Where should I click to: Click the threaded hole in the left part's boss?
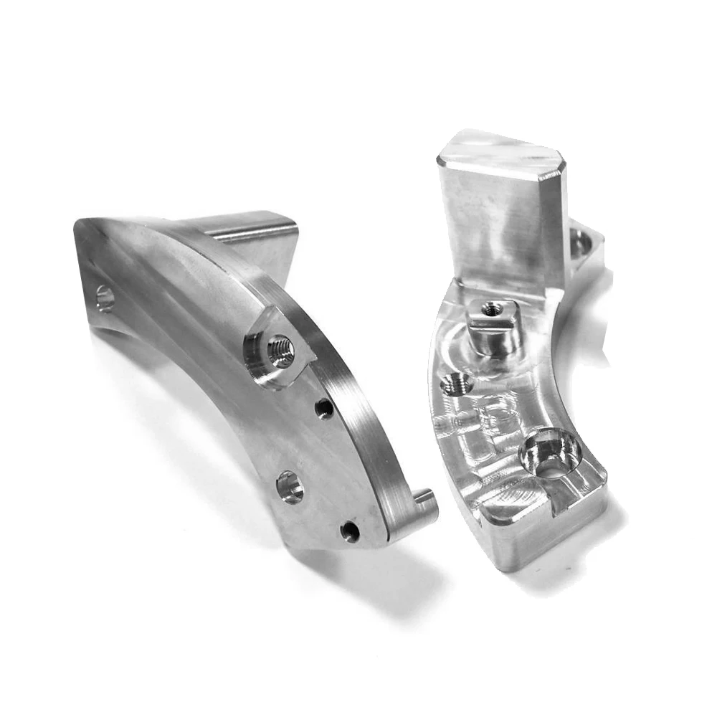point(280,351)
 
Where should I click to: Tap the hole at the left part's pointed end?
point(105,298)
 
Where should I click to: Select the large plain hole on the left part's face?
point(290,487)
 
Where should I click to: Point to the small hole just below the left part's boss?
point(324,408)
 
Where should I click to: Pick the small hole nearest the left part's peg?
point(350,531)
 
